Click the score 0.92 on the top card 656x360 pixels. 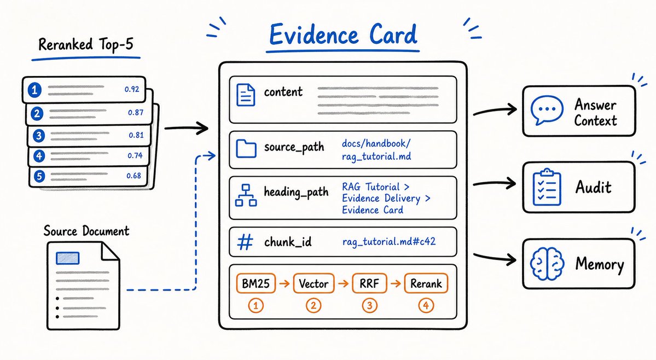pos(132,89)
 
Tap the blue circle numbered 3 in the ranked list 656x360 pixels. pos(39,136)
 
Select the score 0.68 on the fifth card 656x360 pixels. pos(134,176)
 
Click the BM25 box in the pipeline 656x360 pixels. pos(256,283)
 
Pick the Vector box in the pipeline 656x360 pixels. pos(314,283)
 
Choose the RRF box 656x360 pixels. pos(369,283)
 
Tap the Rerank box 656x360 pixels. pos(426,283)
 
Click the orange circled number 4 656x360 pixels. pos(426,306)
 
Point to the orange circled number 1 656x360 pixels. pos(256,306)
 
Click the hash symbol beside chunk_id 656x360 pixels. pos(245,242)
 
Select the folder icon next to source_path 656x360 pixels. pos(246,149)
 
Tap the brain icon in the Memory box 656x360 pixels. pos(547,264)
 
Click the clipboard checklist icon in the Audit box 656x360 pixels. pos(547,187)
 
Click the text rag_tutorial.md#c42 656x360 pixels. pos(388,242)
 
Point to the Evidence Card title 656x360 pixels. pos(343,34)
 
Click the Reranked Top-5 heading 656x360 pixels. pos(86,44)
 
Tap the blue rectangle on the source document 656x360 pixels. pos(68,258)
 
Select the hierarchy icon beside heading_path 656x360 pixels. pos(246,195)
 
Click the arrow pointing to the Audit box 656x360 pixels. pos(494,183)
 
